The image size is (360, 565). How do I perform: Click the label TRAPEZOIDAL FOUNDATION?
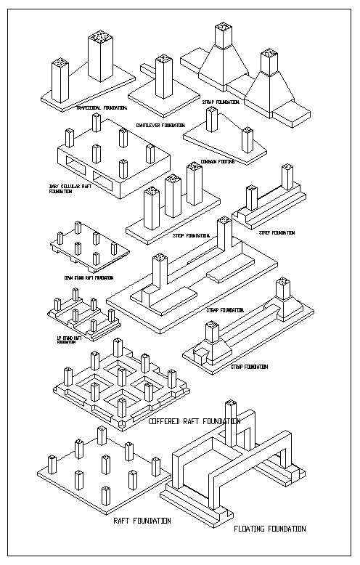tap(101, 107)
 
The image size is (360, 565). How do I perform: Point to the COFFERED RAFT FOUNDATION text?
tap(194, 421)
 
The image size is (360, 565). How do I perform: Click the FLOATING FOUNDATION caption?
tap(269, 529)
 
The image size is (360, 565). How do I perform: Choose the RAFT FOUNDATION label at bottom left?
tap(142, 521)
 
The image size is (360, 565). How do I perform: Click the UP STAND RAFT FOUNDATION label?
tap(66, 339)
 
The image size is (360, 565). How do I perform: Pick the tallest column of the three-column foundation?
tap(193, 183)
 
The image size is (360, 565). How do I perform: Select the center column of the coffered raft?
tap(120, 377)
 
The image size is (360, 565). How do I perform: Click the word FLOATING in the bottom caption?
tap(252, 529)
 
